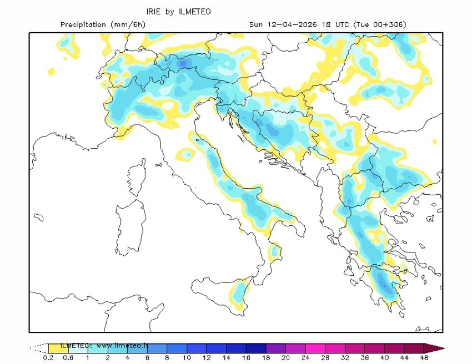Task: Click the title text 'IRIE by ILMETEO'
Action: coord(178,12)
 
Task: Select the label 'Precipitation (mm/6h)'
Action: coord(99,24)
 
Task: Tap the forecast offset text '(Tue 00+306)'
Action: coord(380,24)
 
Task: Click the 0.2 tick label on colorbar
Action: coord(48,358)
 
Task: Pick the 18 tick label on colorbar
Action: coord(266,358)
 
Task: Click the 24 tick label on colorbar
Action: coord(305,358)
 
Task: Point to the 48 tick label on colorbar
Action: coord(424,358)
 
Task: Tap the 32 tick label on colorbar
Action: coord(345,358)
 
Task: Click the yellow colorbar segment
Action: coord(58,348)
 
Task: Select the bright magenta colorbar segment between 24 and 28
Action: coord(315,348)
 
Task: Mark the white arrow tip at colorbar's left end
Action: coord(38,348)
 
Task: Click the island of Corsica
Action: coord(136,176)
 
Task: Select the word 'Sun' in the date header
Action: coord(255,24)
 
